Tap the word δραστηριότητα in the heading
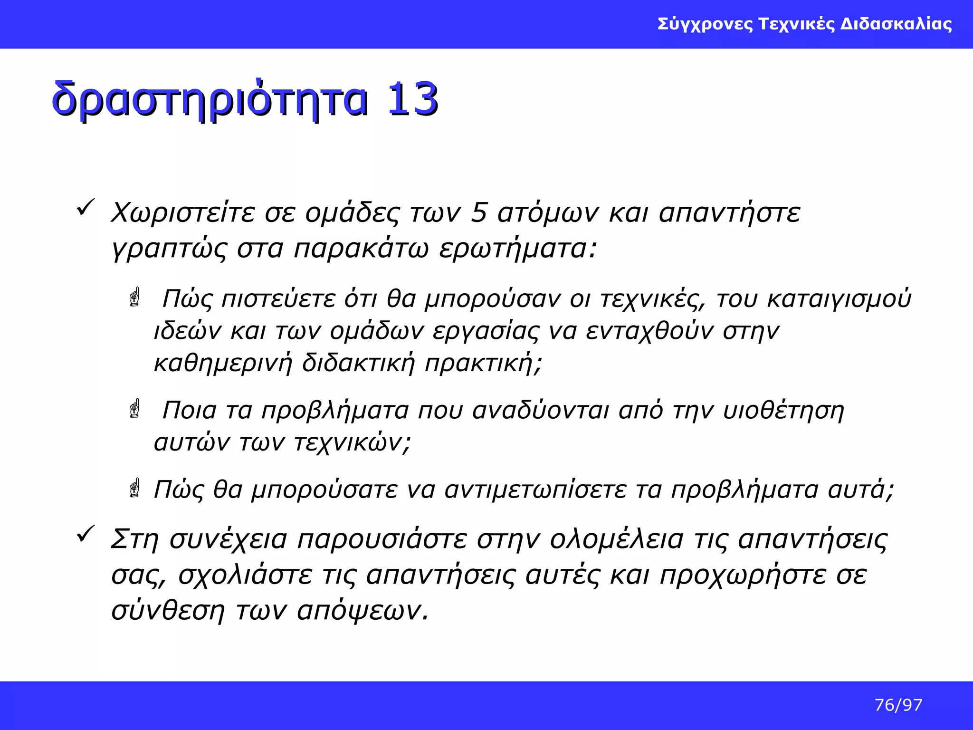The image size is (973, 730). coord(210,100)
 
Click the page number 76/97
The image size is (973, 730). coord(898,705)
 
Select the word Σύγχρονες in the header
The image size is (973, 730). coord(705,24)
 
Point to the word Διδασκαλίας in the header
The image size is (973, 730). coord(896,24)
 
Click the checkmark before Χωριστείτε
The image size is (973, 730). coord(86,208)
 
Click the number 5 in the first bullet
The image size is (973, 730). coord(479,212)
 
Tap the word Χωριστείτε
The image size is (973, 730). coord(183,212)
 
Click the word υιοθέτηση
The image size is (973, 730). coord(783,410)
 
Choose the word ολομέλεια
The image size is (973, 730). coord(617,539)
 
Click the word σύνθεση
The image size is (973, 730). coord(168,610)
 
